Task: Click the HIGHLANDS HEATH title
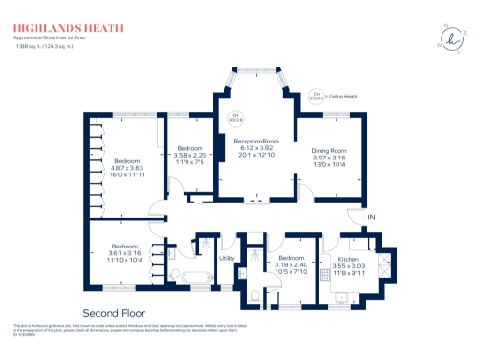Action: (x=67, y=28)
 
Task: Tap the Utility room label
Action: (x=226, y=258)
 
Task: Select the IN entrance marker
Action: (x=372, y=218)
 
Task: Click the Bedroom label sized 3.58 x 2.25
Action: (x=190, y=148)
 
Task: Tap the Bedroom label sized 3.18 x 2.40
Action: (x=291, y=257)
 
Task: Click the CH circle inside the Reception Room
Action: (x=235, y=118)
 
